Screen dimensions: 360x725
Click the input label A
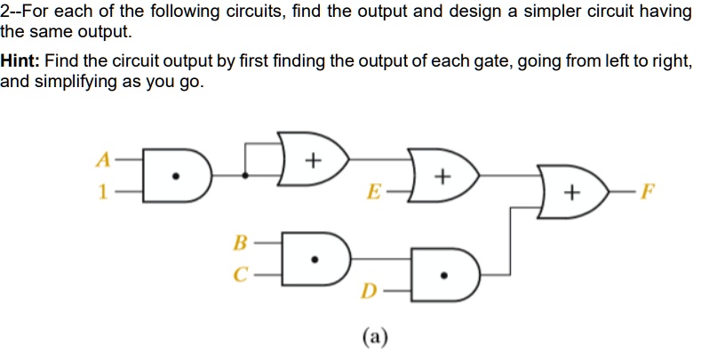(104, 161)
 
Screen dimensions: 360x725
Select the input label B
(237, 241)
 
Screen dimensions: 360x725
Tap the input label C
(237, 274)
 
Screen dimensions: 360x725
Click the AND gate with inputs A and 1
(175, 176)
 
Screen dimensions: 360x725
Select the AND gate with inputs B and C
(312, 258)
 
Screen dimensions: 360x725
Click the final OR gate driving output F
(573, 190)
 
